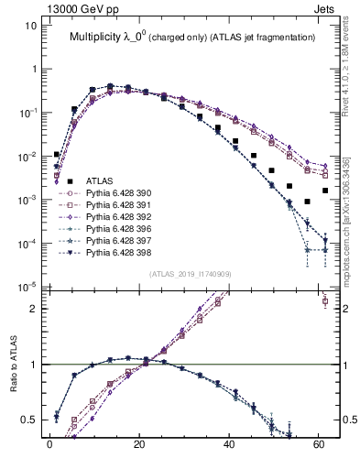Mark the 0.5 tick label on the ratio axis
pos(28,420)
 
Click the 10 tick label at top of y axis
pos(30,26)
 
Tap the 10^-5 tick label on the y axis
pos(27,287)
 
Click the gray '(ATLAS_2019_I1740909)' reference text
pos(191,274)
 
